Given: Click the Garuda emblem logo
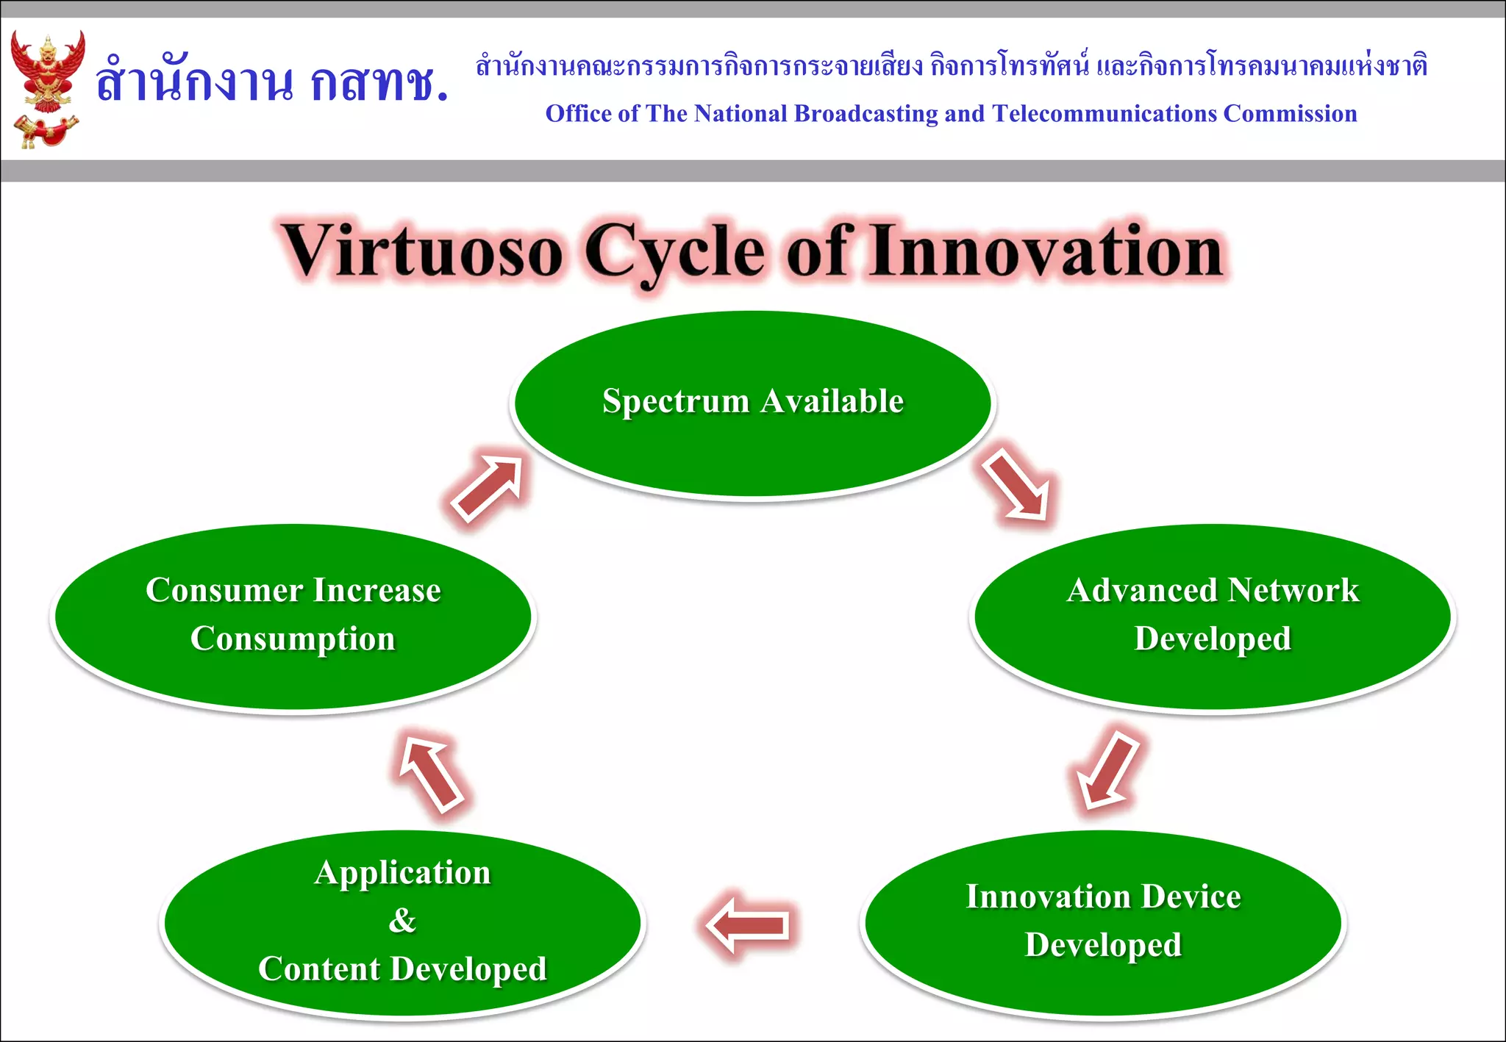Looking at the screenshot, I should [x=46, y=88].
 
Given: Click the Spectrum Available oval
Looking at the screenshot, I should [x=752, y=441].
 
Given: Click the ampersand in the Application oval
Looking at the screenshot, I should [x=402, y=921].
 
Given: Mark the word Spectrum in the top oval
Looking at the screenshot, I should [x=676, y=401].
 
